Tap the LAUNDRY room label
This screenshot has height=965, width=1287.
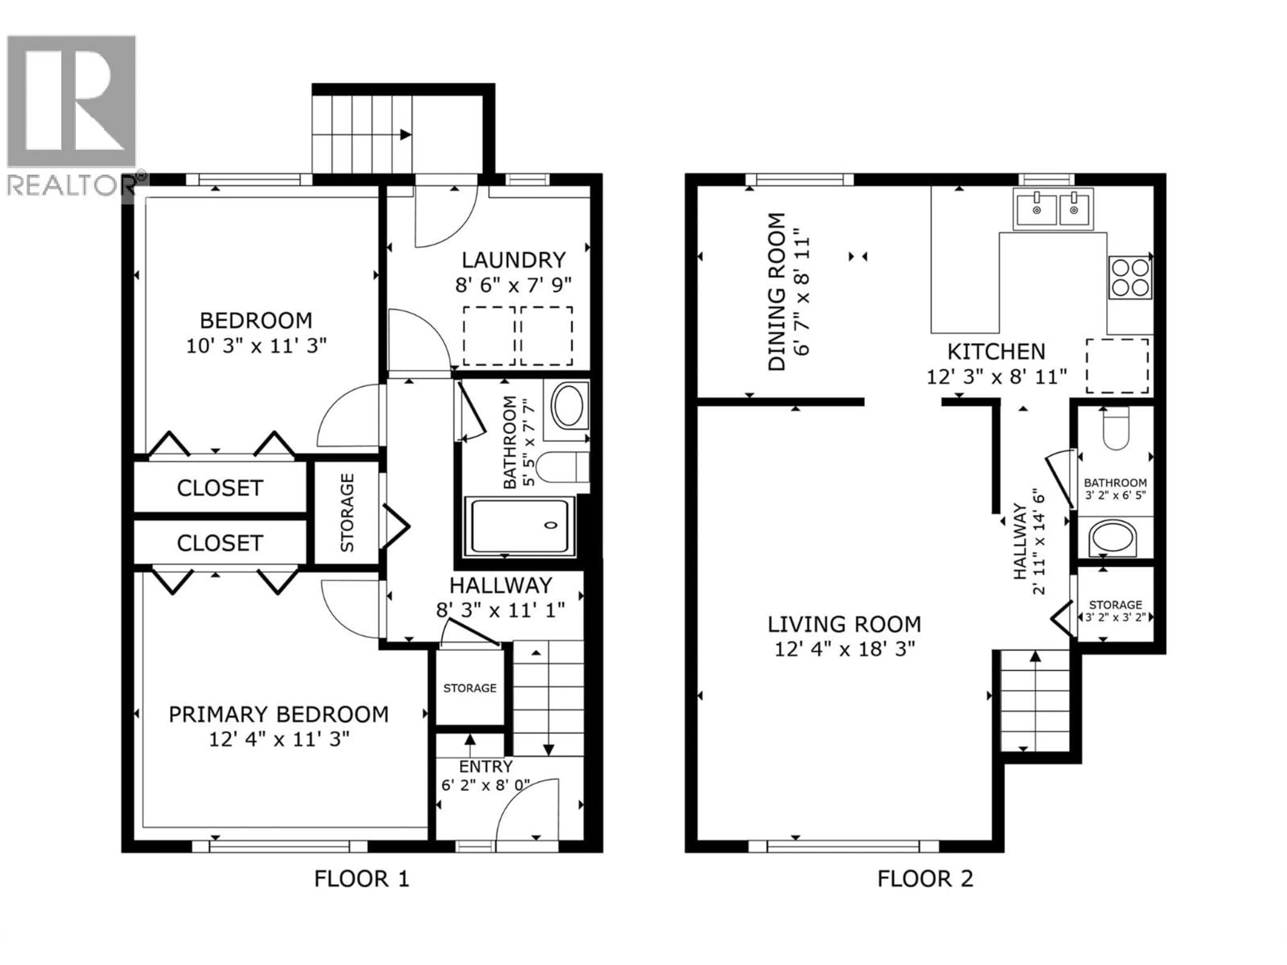pyautogui.click(x=513, y=259)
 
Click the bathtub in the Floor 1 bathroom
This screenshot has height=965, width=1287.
pyautogui.click(x=519, y=525)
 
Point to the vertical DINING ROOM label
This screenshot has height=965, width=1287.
pyautogui.click(x=777, y=292)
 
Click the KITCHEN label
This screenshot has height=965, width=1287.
pyautogui.click(x=996, y=352)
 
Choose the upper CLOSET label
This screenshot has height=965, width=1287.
pyautogui.click(x=220, y=488)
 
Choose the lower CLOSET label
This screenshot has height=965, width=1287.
pyautogui.click(x=220, y=543)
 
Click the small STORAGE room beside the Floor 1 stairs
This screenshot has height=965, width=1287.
pyautogui.click(x=470, y=688)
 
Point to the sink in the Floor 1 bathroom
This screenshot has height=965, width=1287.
pyautogui.click(x=568, y=406)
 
